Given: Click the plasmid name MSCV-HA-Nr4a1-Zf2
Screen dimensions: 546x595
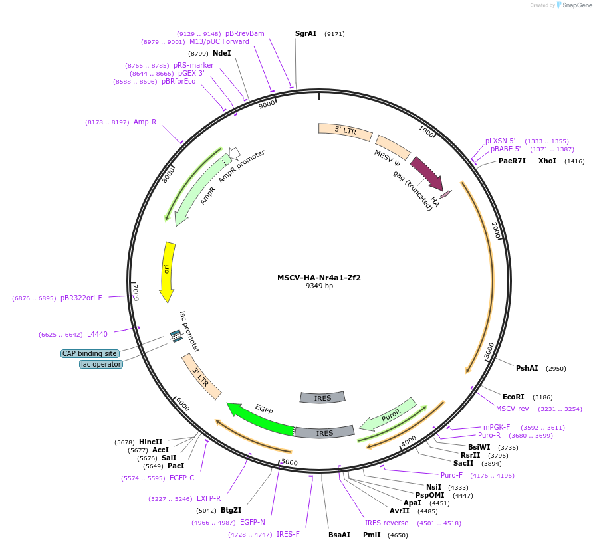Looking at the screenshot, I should click(319, 278).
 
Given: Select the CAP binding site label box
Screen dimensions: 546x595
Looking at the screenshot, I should click(90, 353).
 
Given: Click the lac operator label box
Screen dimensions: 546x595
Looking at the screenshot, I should click(101, 364).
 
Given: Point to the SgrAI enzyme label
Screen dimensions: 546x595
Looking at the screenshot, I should click(306, 33).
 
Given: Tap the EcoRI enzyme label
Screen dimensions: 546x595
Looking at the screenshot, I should click(513, 397).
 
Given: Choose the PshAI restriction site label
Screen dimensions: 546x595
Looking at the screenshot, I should click(527, 368).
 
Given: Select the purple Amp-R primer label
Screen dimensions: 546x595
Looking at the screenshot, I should click(145, 122).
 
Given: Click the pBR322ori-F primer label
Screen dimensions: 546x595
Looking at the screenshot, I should click(81, 298).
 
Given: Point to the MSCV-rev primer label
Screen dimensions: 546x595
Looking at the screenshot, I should click(512, 409).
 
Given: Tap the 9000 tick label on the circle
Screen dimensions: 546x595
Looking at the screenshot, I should click(267, 105).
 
